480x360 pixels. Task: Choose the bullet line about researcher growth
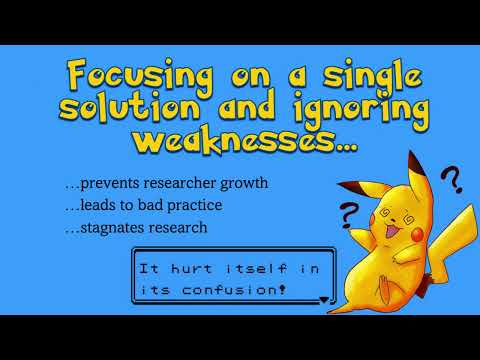tap(194, 184)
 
